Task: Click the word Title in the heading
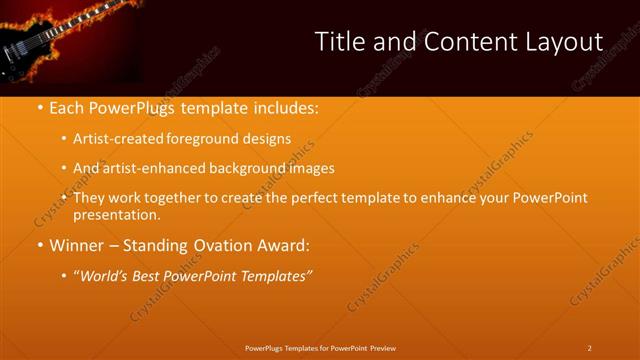point(338,42)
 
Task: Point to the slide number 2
point(589,347)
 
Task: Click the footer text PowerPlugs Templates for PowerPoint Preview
point(320,347)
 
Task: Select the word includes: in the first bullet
point(281,107)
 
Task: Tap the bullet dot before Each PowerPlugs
point(40,107)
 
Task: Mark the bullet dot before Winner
point(40,245)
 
